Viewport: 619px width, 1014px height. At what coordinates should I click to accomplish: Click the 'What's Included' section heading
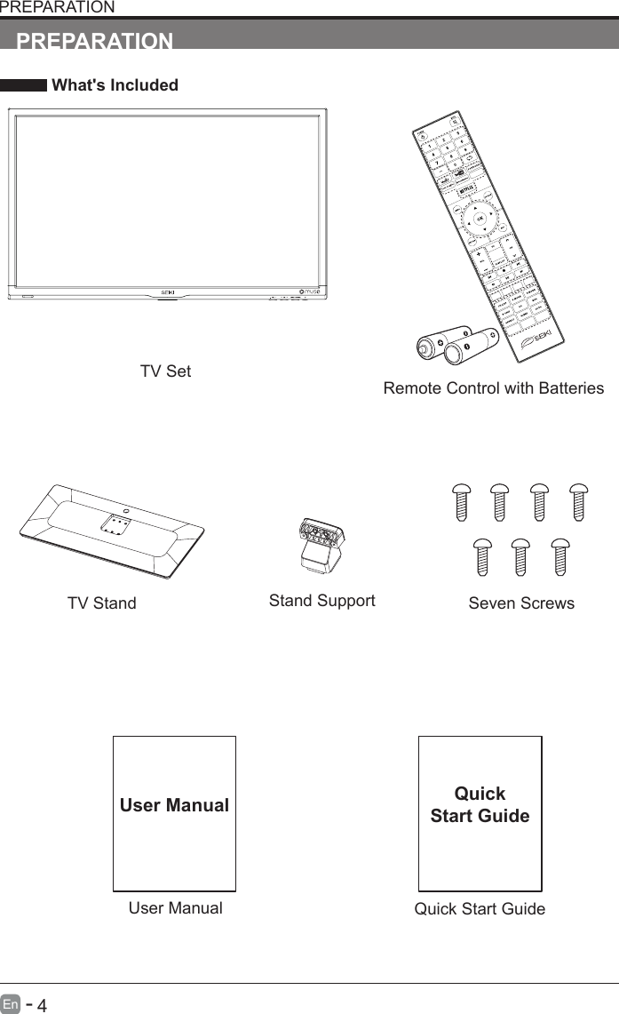(x=115, y=85)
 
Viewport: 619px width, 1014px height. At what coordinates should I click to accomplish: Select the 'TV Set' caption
(x=165, y=371)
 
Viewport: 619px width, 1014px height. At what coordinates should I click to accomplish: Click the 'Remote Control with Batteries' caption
(x=493, y=388)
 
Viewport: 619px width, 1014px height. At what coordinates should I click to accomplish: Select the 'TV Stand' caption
(x=102, y=603)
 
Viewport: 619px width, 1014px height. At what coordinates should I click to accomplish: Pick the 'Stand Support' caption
(x=321, y=601)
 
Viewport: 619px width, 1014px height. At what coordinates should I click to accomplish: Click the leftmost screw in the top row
(x=461, y=503)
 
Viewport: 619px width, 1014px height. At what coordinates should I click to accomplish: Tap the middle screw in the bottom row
(x=520, y=556)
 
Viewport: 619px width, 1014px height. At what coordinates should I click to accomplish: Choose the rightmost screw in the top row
(x=579, y=503)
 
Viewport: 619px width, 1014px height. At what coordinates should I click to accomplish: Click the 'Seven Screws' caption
(x=520, y=603)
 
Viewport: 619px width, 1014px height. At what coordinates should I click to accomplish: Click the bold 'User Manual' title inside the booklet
(x=175, y=805)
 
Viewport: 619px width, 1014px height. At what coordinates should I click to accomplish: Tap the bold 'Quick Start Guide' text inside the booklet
(x=480, y=804)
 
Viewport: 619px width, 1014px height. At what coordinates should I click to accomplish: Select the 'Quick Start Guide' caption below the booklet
(x=480, y=909)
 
